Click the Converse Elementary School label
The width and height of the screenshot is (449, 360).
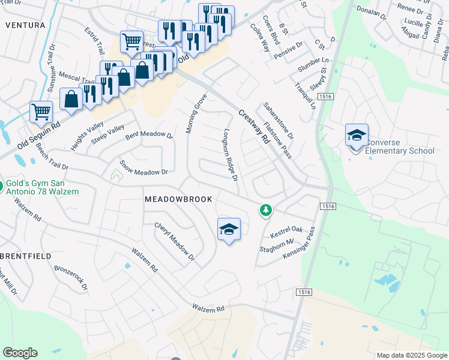pyautogui.click(x=400, y=146)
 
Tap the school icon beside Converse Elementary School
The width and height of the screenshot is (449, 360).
pyautogui.click(x=357, y=135)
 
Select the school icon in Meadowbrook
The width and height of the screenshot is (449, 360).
pyautogui.click(x=229, y=229)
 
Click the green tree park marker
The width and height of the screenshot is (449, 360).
pyautogui.click(x=265, y=210)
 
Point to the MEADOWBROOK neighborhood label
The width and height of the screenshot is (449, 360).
pyautogui.click(x=178, y=199)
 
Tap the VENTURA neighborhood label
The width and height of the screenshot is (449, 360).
pyautogui.click(x=25, y=25)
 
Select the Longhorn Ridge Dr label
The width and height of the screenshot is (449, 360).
pyautogui.click(x=231, y=154)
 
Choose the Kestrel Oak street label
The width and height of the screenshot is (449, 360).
pyautogui.click(x=286, y=230)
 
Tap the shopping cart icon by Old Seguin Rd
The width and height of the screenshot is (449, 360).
pyautogui.click(x=41, y=111)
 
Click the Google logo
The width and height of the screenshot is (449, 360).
pyautogui.click(x=20, y=352)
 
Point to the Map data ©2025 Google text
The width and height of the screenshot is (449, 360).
pyautogui.click(x=411, y=355)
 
